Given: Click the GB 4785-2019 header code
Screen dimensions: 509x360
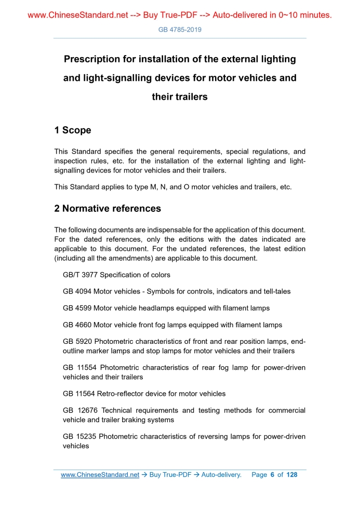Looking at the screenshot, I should point(180,30).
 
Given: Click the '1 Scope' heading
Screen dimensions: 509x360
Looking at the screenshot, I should point(73,130).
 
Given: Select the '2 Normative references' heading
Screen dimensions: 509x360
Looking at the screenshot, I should point(108,209).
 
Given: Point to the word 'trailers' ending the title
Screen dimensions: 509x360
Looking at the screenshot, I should point(190,97).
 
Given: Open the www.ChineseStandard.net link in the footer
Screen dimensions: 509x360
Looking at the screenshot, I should point(100,475).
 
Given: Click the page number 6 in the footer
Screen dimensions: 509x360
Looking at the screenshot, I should point(272,475).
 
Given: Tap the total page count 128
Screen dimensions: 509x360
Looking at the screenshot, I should point(292,475).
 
